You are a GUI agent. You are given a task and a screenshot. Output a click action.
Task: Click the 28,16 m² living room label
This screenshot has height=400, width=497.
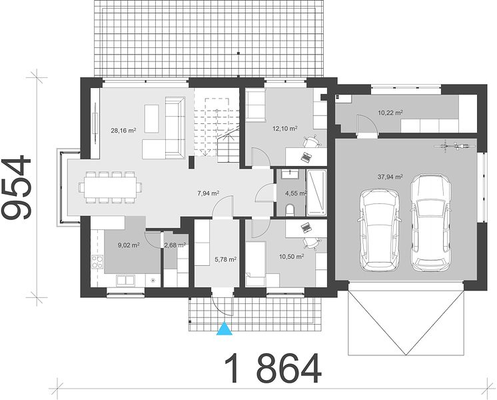point(124,130)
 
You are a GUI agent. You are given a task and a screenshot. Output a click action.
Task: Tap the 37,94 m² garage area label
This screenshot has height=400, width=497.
point(390,177)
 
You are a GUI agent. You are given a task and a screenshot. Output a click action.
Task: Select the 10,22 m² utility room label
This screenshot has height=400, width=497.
point(390,112)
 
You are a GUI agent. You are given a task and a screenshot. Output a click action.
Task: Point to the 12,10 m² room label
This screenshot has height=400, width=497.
point(285,128)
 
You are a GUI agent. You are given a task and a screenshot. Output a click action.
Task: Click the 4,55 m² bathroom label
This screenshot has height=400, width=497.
point(296,193)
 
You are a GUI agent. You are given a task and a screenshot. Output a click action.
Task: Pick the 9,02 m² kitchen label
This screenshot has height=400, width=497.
point(129,245)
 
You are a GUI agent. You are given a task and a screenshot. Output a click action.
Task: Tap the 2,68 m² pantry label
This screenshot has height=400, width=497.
point(175,245)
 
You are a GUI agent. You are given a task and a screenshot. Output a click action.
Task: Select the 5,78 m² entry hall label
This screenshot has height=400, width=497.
point(226,259)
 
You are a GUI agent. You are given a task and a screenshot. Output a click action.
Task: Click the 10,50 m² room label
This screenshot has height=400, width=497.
point(292,256)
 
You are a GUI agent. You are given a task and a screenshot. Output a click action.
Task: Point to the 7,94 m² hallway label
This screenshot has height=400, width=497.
point(209,193)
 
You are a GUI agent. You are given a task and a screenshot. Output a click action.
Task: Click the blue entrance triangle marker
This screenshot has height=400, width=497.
point(224,329)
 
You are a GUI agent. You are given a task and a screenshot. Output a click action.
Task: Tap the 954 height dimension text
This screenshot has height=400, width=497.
point(17,187)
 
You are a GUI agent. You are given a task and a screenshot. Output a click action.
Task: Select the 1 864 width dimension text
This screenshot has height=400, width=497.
point(273,368)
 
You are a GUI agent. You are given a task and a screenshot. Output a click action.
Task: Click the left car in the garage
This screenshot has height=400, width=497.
point(379,230)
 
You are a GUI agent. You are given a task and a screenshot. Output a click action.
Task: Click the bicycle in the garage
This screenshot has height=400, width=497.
point(454,146)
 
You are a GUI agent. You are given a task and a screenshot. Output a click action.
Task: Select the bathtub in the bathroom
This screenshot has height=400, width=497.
point(316,193)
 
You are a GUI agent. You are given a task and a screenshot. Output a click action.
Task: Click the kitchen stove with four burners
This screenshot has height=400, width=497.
point(97,262)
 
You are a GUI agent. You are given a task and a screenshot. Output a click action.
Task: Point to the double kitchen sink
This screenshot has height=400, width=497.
point(125,280)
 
